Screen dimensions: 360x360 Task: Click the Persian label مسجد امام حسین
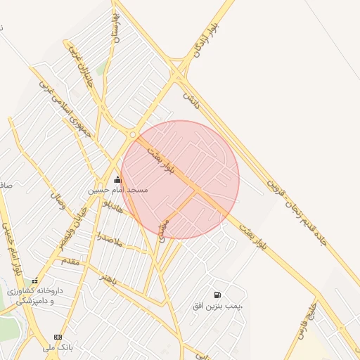click(x=117, y=191)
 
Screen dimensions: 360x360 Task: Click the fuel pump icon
click(x=217, y=294)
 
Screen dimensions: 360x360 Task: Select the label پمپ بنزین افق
click(x=221, y=306)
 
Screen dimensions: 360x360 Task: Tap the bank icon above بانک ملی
click(x=58, y=337)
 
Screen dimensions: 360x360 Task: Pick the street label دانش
click(x=191, y=101)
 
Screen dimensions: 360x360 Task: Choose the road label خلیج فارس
click(x=307, y=321)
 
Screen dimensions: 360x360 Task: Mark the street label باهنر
click(x=107, y=278)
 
